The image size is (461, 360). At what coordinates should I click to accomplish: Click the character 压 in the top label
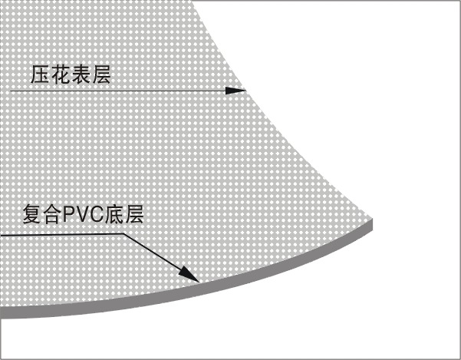(x=40, y=74)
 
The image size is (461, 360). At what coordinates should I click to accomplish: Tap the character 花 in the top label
(x=61, y=74)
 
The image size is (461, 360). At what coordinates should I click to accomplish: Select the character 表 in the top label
(x=81, y=74)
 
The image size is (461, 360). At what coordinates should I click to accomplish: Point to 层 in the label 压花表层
(x=101, y=74)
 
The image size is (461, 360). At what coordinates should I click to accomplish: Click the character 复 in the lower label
(x=31, y=214)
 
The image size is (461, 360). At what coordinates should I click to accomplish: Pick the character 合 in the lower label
(x=51, y=214)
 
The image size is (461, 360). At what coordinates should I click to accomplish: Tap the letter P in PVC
(x=68, y=215)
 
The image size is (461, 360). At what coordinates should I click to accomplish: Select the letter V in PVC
(x=81, y=215)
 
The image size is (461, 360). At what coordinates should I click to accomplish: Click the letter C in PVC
(x=96, y=215)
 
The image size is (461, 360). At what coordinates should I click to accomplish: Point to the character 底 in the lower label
(x=114, y=214)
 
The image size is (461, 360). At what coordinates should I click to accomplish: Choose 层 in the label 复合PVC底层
(x=134, y=214)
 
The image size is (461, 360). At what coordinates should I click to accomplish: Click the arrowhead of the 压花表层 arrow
(x=235, y=91)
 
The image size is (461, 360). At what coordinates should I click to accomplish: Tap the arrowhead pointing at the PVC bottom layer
(x=189, y=274)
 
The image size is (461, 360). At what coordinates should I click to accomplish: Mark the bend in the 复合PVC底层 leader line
(x=123, y=234)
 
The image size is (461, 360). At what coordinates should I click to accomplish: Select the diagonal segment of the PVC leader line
(x=161, y=258)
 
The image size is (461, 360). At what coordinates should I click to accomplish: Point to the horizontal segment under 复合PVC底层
(x=61, y=235)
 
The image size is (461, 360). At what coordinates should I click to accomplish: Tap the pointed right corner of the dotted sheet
(x=371, y=219)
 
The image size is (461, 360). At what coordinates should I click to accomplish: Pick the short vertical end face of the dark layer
(x=371, y=225)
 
